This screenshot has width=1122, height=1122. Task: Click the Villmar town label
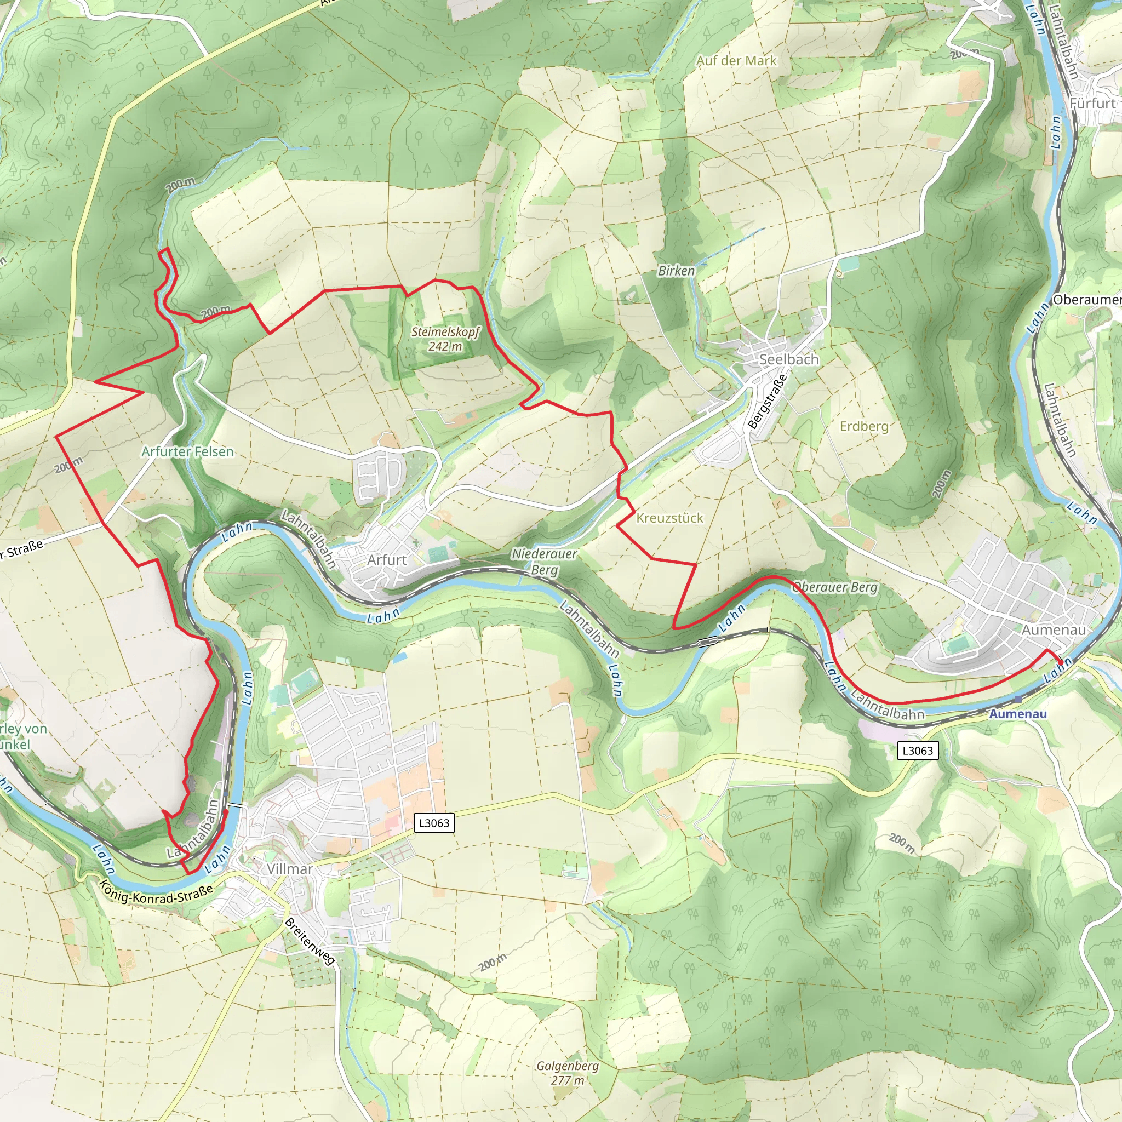coord(290,869)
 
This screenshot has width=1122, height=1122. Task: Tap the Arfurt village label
coord(387,560)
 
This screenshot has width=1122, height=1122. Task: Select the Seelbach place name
coord(789,359)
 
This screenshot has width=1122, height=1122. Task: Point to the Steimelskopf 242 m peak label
coord(445,339)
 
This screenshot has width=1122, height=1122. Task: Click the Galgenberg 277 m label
coord(568,1073)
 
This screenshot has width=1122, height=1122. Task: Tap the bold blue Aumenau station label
coord(1017,714)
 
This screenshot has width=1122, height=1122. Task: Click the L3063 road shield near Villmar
coord(434,823)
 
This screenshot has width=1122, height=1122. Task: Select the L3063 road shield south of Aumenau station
coord(917,751)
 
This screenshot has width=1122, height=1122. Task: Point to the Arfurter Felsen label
coord(187,451)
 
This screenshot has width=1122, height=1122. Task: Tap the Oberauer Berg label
coord(835,587)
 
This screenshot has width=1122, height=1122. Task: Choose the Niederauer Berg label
coord(544,562)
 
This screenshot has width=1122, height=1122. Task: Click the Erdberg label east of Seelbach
coord(864,426)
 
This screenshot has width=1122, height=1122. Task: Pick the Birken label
coord(676,271)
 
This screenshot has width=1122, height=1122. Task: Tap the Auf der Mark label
coord(736,60)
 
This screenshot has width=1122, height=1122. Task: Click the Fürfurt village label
coord(1092,104)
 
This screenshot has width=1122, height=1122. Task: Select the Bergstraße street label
coord(767,401)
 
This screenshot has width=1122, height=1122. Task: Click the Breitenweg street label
coord(310,941)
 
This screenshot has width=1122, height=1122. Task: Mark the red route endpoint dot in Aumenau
coord(1061,661)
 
